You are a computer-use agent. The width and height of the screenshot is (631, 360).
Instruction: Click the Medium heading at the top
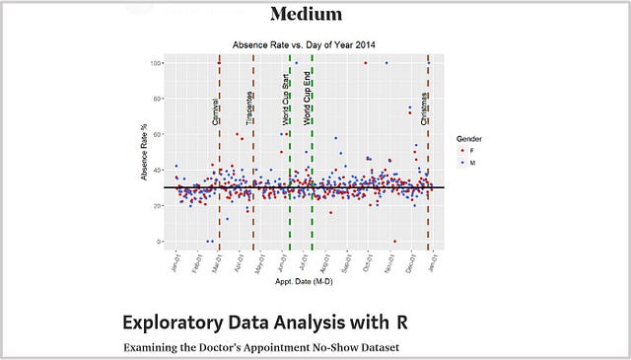coord(306,14)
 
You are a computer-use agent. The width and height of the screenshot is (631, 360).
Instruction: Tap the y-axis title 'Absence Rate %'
coord(145,154)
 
